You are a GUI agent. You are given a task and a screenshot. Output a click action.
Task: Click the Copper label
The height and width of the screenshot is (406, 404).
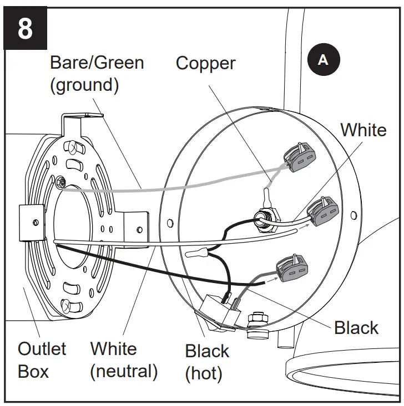click(205, 63)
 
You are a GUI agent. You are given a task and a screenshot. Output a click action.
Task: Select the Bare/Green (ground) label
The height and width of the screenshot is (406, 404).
click(97, 74)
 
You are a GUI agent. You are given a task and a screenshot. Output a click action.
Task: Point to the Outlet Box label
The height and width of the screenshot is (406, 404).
click(42, 359)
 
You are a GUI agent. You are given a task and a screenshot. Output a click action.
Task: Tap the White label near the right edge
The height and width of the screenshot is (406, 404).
click(363, 130)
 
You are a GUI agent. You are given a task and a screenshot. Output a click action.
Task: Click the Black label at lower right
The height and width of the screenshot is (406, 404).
click(356, 327)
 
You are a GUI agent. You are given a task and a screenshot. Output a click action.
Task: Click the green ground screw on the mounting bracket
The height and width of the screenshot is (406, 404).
click(60, 180)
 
